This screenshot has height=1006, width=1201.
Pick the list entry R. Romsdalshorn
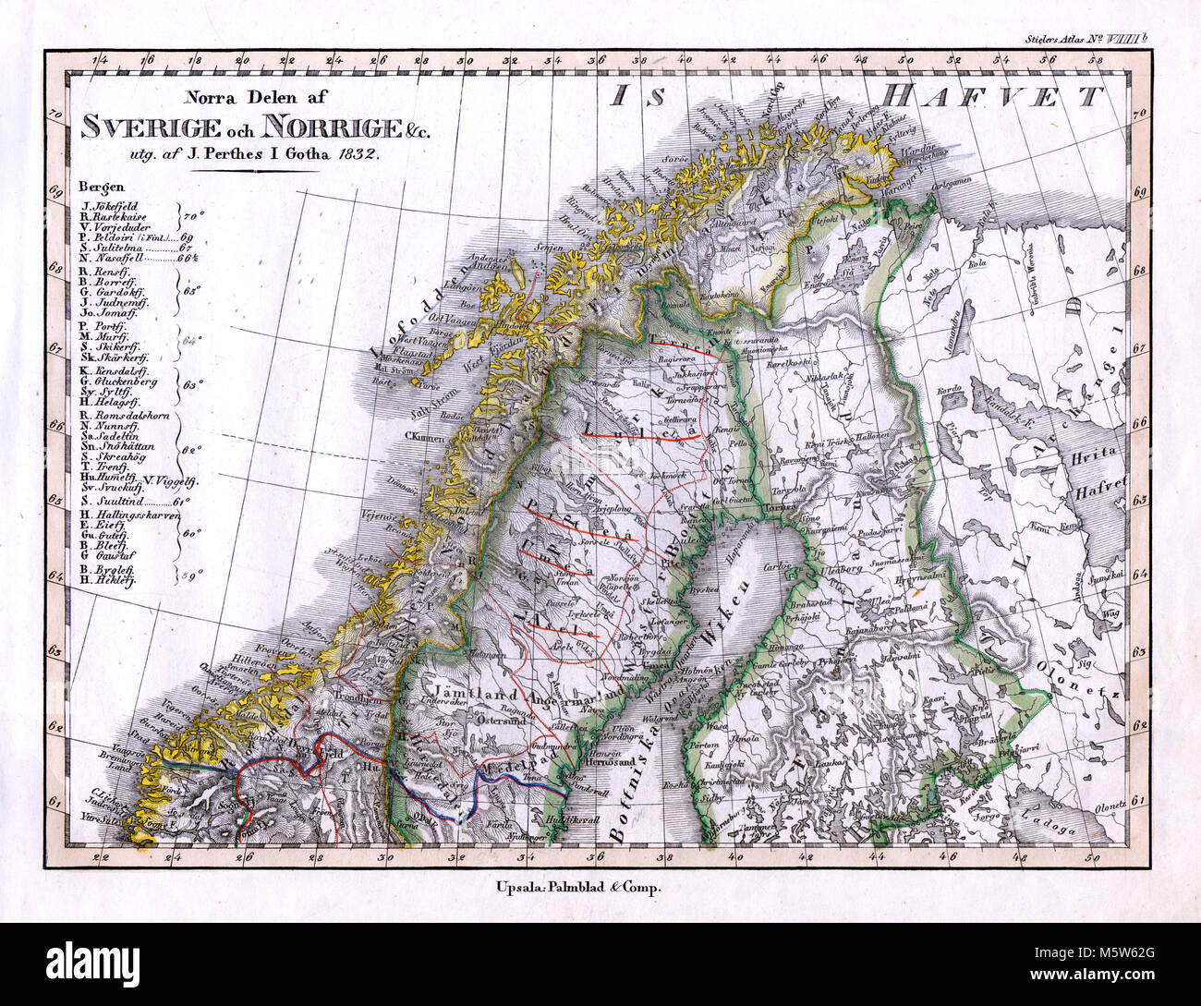(124, 416)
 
